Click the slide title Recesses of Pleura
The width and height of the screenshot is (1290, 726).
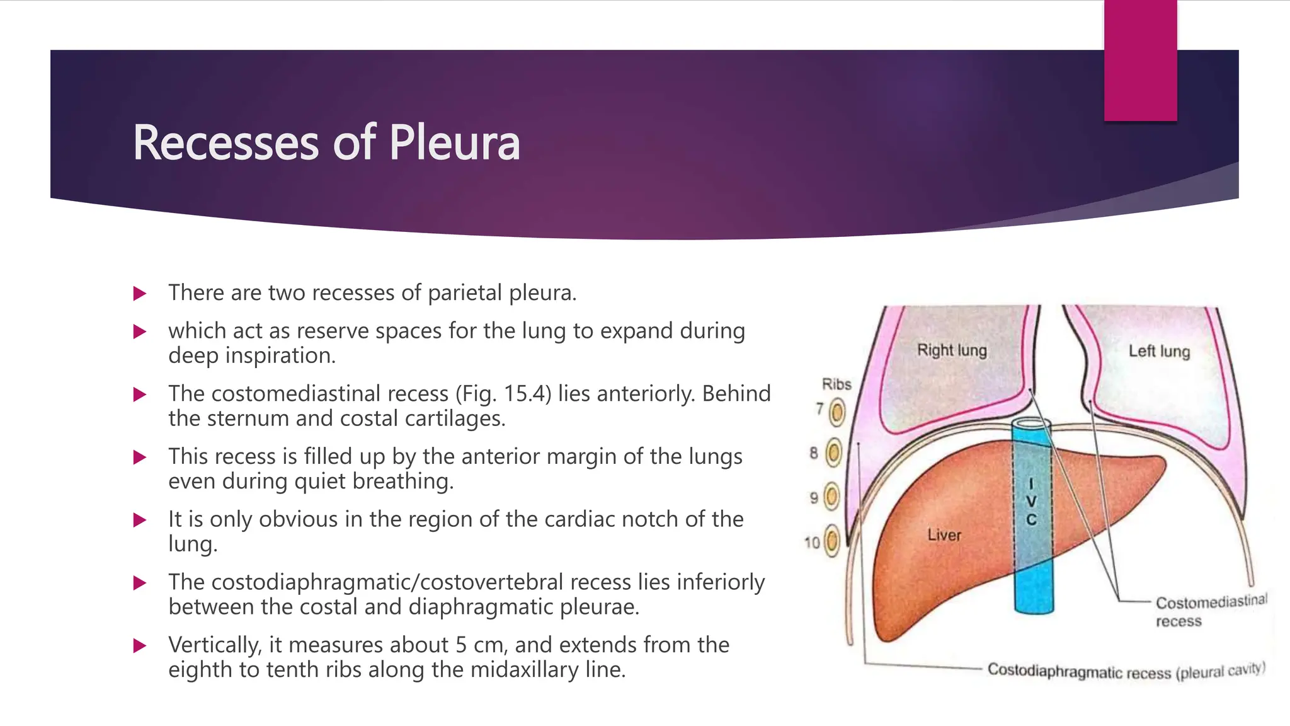326,143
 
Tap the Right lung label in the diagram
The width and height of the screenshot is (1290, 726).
952,350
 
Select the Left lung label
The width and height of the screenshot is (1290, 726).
1159,351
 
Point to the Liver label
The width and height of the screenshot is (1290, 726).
944,535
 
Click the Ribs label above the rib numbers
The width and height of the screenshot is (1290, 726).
836,384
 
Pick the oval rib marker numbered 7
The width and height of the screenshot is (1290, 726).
837,413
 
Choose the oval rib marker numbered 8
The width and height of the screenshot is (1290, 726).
833,452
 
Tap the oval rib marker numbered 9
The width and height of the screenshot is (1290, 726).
832,497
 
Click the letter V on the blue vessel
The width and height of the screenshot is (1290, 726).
1031,502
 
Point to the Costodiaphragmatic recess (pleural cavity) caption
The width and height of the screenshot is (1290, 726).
1126,671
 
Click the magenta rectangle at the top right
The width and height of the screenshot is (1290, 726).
1140,60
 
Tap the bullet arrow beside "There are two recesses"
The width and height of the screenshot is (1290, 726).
140,294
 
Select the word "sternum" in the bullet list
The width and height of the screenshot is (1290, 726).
248,418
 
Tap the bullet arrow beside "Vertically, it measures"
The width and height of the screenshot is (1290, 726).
140,645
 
